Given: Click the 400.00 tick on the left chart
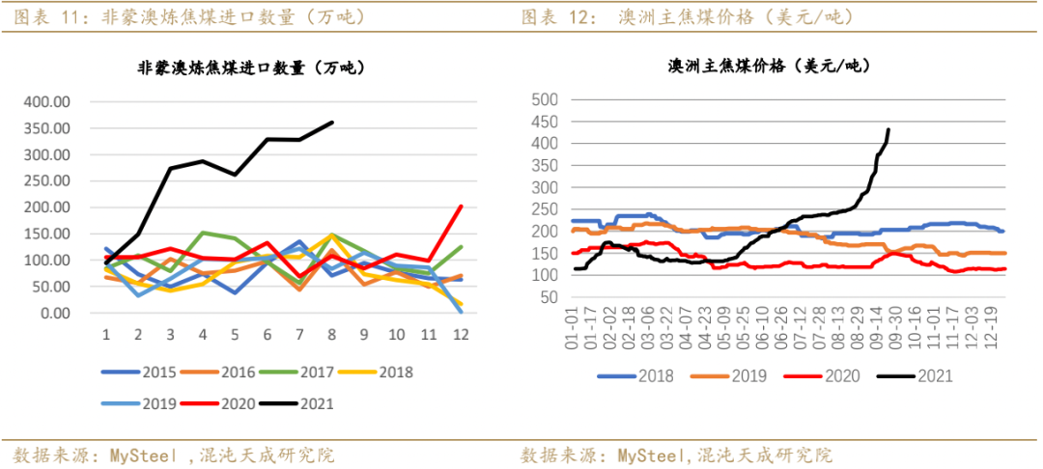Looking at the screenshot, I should (45, 101).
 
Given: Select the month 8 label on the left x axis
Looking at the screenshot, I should (332, 334).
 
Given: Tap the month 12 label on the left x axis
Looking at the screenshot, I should (462, 334).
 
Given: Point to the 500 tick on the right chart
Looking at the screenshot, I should (546, 99).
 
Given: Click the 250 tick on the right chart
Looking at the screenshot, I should (546, 209).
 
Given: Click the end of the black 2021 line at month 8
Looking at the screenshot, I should (332, 123).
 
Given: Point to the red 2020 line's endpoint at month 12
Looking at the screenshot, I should (461, 206).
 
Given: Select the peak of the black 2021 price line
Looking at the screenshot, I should (888, 129).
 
